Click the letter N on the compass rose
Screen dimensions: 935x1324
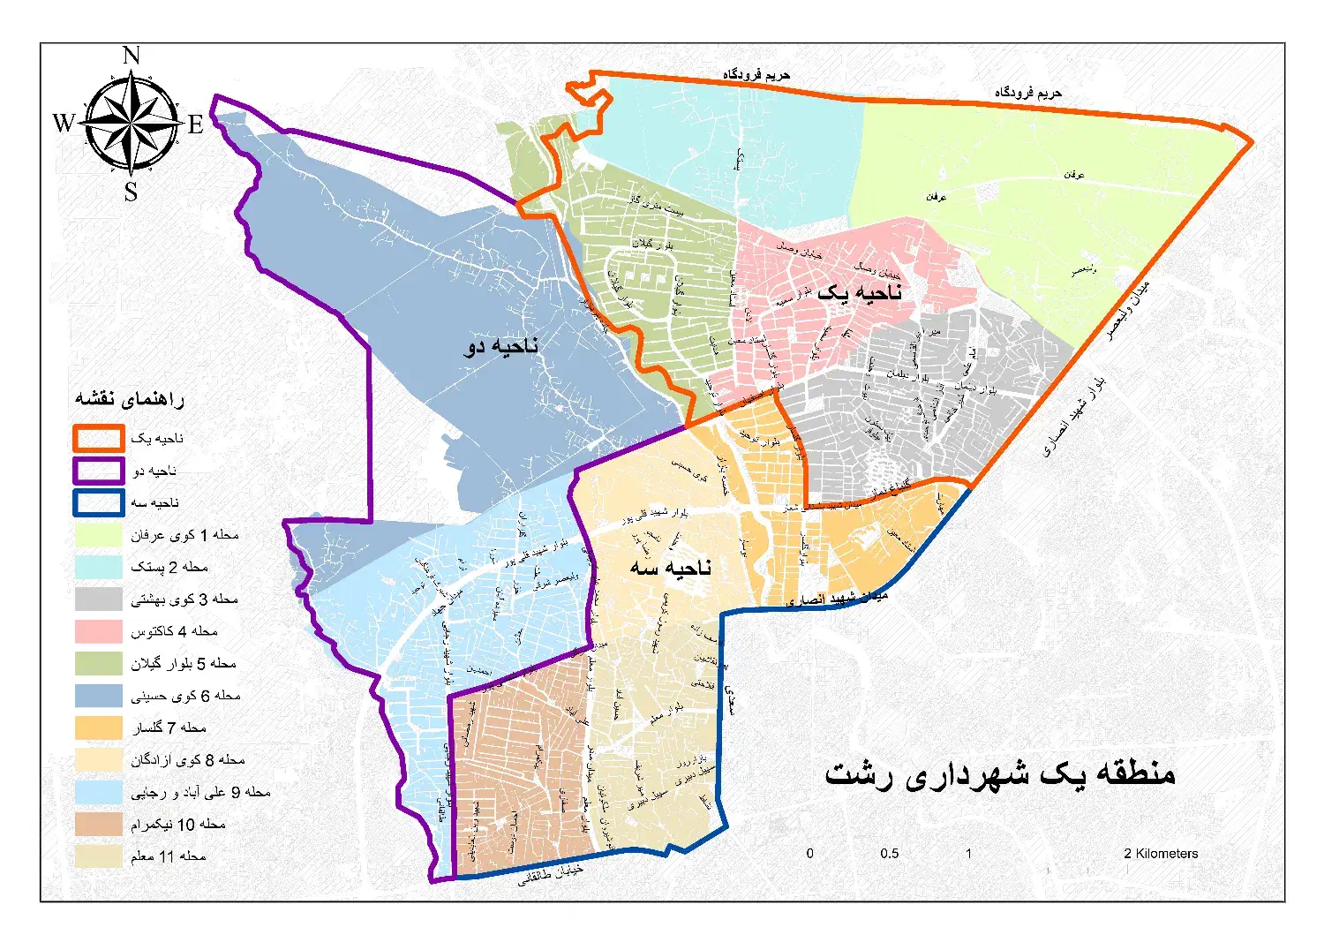(132, 56)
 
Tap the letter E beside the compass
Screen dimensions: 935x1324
(195, 124)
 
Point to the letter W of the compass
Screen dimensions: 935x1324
(64, 123)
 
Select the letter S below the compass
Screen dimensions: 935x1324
(131, 192)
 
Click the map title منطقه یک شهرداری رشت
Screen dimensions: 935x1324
(999, 773)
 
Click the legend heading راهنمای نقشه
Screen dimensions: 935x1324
(129, 399)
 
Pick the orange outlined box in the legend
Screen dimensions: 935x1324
(98, 438)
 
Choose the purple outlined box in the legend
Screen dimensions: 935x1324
(98, 471)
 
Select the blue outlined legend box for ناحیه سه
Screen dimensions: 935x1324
(98, 502)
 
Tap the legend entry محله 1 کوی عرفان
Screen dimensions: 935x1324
(184, 535)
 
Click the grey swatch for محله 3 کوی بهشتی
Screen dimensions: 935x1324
(98, 599)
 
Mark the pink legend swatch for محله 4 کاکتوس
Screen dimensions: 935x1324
(98, 631)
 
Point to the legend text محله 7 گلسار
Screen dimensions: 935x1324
(169, 728)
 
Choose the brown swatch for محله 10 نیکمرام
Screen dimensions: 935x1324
(98, 824)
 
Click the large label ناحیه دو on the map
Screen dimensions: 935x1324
(500, 346)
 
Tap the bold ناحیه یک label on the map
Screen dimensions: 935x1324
(859, 292)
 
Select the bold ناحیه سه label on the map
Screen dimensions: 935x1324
(670, 567)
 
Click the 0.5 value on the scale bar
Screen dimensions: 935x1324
(889, 854)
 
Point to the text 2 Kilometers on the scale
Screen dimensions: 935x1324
(1161, 854)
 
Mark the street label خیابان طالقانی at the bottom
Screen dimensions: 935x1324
(550, 873)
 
